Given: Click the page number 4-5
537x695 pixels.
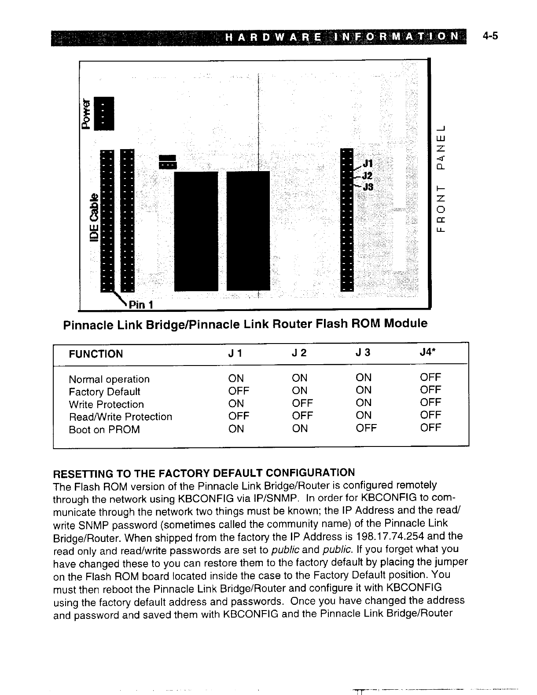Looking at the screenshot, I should point(489,37).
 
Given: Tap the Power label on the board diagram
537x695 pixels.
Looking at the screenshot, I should point(87,114).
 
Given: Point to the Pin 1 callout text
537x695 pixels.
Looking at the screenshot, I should point(141,304).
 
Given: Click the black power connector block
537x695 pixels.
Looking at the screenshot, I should point(106,113).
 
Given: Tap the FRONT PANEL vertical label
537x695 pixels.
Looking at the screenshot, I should point(441,178).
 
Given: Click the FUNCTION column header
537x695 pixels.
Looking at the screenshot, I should point(96,354).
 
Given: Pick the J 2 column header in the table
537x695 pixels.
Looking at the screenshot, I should point(299,353).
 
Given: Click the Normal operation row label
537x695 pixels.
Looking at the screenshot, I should point(109,379).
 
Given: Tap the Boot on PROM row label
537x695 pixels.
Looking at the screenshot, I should point(104,430).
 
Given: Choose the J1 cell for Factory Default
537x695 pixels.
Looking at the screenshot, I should point(239,391).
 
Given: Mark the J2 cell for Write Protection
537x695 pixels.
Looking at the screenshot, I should point(302,403).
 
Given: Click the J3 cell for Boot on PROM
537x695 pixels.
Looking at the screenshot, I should point(366,428).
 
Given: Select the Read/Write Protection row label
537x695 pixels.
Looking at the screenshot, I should point(120,417).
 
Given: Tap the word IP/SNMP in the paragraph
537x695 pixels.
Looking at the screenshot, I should point(278,499).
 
